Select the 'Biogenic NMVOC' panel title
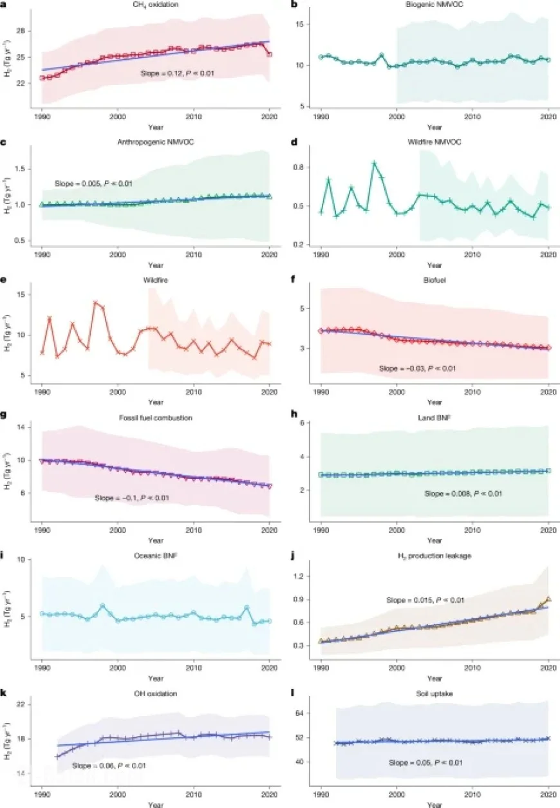pyautogui.click(x=435, y=6)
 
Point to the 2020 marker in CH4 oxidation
pyautogui.click(x=269, y=55)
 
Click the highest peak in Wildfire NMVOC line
pyautogui.click(x=374, y=162)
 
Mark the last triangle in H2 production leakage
pyautogui.click(x=548, y=599)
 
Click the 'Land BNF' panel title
pyautogui.click(x=435, y=417)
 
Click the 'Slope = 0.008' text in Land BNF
pyautogui.click(x=463, y=494)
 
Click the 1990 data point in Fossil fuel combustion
pyautogui.click(x=42, y=461)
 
